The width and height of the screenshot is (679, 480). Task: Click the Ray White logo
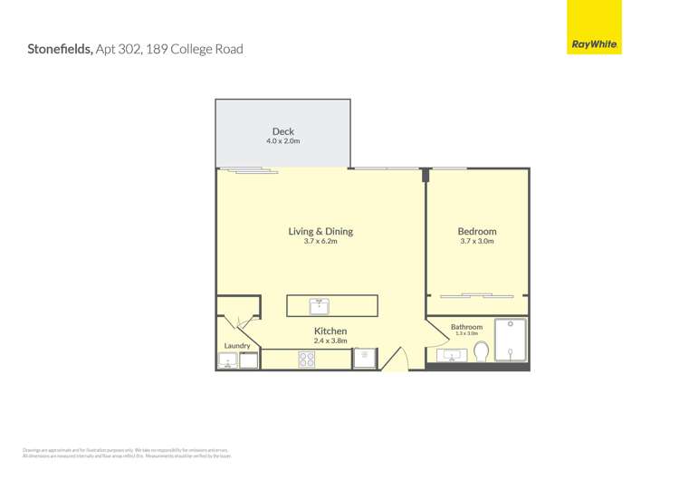click(594, 43)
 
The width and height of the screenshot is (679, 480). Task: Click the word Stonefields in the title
click(60, 49)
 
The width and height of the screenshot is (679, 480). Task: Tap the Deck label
click(283, 132)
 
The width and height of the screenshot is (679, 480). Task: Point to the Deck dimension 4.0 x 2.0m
click(283, 141)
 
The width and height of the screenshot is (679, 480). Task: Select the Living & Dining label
click(320, 232)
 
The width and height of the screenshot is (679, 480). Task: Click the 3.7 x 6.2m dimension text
click(320, 242)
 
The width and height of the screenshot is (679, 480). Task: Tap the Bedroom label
click(477, 232)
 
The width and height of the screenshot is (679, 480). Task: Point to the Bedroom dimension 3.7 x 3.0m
click(477, 242)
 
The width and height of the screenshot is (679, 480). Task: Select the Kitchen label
click(330, 331)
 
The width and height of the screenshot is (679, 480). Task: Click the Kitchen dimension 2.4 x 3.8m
click(330, 341)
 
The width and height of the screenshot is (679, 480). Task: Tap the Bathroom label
click(467, 327)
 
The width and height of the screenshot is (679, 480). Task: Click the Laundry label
click(237, 346)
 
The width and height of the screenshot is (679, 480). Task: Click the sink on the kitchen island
click(319, 305)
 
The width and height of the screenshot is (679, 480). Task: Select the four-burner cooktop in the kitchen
click(307, 360)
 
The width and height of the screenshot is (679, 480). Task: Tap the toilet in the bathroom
click(482, 351)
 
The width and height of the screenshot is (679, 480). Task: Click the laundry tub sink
click(226, 360)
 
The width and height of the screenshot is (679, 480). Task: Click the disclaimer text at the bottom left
click(127, 452)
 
